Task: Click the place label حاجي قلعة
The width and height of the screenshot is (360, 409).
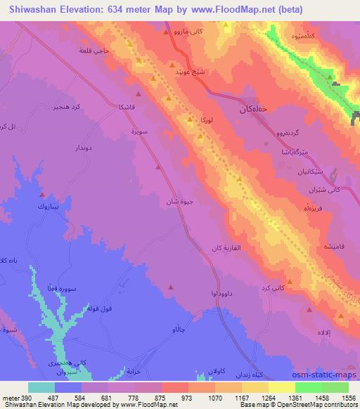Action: (94, 51)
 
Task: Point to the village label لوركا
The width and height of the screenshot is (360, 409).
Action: (200, 122)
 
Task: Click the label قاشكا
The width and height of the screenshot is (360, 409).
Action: (129, 108)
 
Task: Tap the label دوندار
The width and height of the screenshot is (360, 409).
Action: (75, 149)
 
